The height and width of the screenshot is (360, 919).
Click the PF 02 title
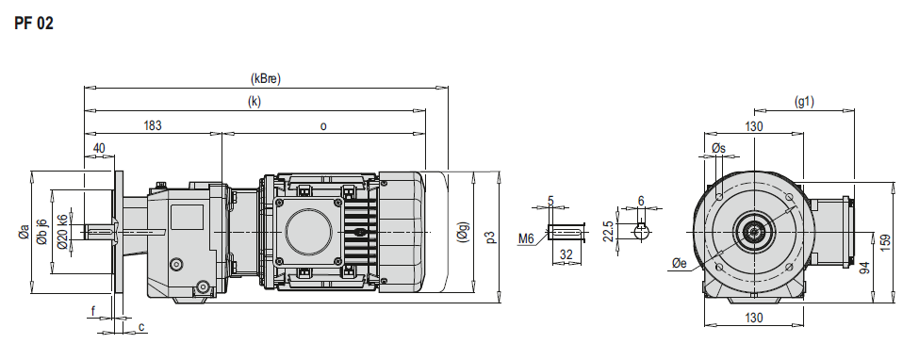pos(34,25)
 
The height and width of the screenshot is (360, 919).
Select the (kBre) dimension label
pos(266,79)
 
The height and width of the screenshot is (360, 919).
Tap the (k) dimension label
pos(254,102)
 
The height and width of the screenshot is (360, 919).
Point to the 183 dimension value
pos(153,125)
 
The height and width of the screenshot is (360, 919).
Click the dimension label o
pos(323,126)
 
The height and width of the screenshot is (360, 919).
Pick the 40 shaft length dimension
pos(99,148)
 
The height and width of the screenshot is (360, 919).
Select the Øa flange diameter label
pos(24,232)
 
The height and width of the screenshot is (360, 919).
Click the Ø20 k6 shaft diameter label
pos(63,232)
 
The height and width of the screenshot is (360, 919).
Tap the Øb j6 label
pos(41,232)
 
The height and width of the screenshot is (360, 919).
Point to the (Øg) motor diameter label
pos(463,232)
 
